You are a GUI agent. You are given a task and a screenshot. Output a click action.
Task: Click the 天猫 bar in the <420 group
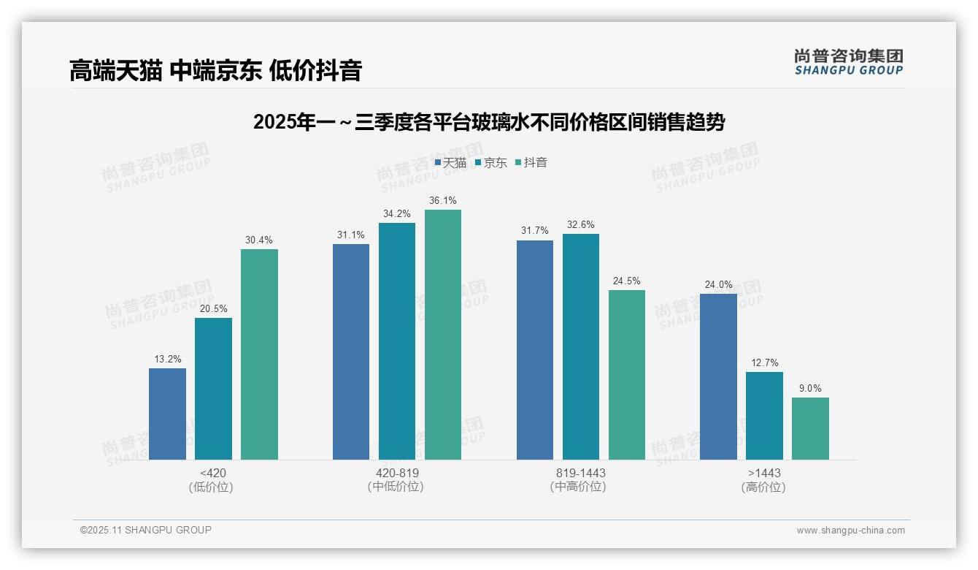coord(167,414)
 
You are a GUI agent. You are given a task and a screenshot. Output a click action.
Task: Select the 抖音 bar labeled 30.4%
coord(259,354)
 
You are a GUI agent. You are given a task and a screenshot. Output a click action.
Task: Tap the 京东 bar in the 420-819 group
coord(397,341)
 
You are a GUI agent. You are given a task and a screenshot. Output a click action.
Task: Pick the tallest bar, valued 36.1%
coord(443,335)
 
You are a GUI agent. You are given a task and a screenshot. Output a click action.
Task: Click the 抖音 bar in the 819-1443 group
coord(627,375)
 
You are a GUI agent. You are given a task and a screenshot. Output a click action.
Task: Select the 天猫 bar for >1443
coord(718,376)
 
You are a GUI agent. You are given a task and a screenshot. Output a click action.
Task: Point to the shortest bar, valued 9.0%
coord(810,428)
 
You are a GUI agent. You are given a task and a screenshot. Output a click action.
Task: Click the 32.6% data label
coord(580,224)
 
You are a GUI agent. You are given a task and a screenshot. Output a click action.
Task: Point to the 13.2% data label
coord(167,359)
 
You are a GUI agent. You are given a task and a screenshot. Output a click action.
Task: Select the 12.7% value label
coord(764,362)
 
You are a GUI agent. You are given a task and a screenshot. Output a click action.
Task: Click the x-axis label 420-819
coord(397,473)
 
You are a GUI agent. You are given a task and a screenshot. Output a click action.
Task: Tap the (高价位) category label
coord(763,487)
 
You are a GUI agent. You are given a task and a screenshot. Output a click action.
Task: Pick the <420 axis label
coord(212,473)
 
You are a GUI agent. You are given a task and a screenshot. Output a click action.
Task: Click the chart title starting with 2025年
coord(488,122)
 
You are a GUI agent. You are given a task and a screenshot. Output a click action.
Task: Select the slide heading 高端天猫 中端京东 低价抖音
coord(216,71)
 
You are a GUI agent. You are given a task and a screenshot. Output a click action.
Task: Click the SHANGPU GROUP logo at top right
coord(848,62)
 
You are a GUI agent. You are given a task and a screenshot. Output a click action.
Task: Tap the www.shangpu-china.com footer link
coord(850,531)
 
